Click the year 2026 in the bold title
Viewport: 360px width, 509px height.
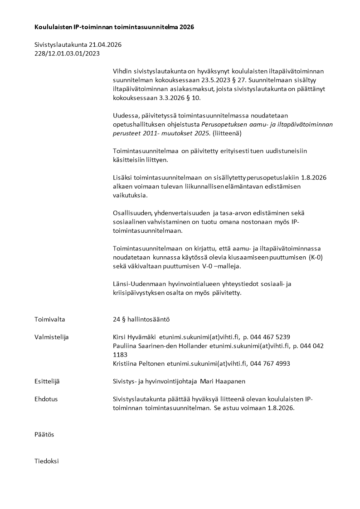click(186, 27)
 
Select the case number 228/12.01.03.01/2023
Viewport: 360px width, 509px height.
click(67, 54)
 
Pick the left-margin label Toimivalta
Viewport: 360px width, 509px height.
click(50, 319)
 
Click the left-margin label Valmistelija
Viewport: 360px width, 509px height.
click(51, 337)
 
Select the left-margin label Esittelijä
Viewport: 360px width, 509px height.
click(47, 382)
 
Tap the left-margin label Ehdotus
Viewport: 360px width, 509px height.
click(46, 399)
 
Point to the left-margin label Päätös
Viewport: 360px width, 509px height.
click(44, 435)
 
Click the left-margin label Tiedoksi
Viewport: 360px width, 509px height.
click(47, 461)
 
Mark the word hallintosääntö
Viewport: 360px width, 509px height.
click(148, 319)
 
